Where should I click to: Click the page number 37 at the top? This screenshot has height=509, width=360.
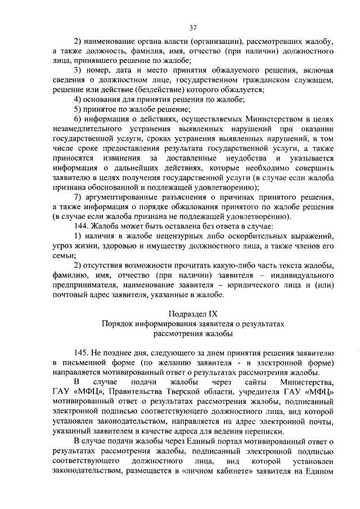click(193, 27)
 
